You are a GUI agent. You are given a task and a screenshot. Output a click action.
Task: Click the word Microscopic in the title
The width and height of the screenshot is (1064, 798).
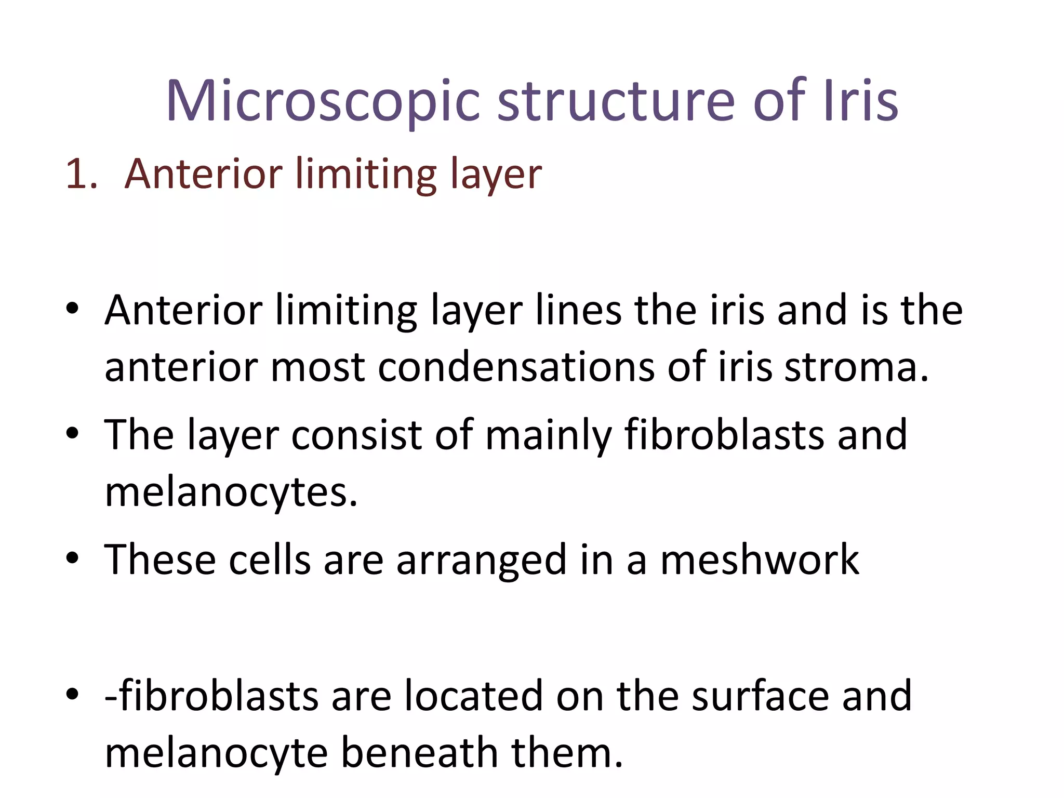coord(323,101)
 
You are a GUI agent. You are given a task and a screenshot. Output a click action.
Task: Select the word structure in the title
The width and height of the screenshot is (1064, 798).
coord(616,101)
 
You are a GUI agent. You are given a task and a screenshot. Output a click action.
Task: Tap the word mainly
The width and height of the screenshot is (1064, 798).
coord(548,435)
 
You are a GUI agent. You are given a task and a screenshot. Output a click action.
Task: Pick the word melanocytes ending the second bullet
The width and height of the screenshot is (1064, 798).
coord(231,493)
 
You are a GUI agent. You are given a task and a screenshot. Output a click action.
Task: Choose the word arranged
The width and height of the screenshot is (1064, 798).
coord(481,560)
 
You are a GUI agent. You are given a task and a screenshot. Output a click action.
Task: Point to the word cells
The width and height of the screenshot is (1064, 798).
coord(270,560)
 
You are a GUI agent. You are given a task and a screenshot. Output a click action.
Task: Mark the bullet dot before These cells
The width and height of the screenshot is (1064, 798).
coord(72,558)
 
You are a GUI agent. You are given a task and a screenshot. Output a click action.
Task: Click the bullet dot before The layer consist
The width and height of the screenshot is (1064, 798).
coord(72,433)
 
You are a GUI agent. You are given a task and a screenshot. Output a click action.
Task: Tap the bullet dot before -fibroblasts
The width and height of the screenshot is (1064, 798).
coord(72,694)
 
